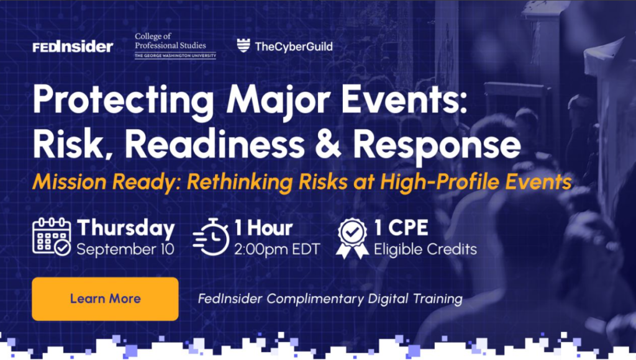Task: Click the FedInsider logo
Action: [73, 47]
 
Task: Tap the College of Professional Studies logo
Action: [175, 46]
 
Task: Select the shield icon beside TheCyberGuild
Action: [243, 45]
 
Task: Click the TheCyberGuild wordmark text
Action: [294, 47]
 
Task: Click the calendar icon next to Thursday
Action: [52, 236]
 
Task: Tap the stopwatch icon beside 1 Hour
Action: [211, 236]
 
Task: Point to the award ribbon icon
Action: [352, 238]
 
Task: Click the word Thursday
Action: [125, 228]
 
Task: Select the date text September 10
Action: [125, 249]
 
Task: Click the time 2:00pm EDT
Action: [277, 249]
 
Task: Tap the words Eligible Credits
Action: [425, 249]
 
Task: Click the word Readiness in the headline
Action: [214, 144]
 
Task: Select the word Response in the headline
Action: [437, 146]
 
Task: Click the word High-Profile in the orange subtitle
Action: [439, 181]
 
